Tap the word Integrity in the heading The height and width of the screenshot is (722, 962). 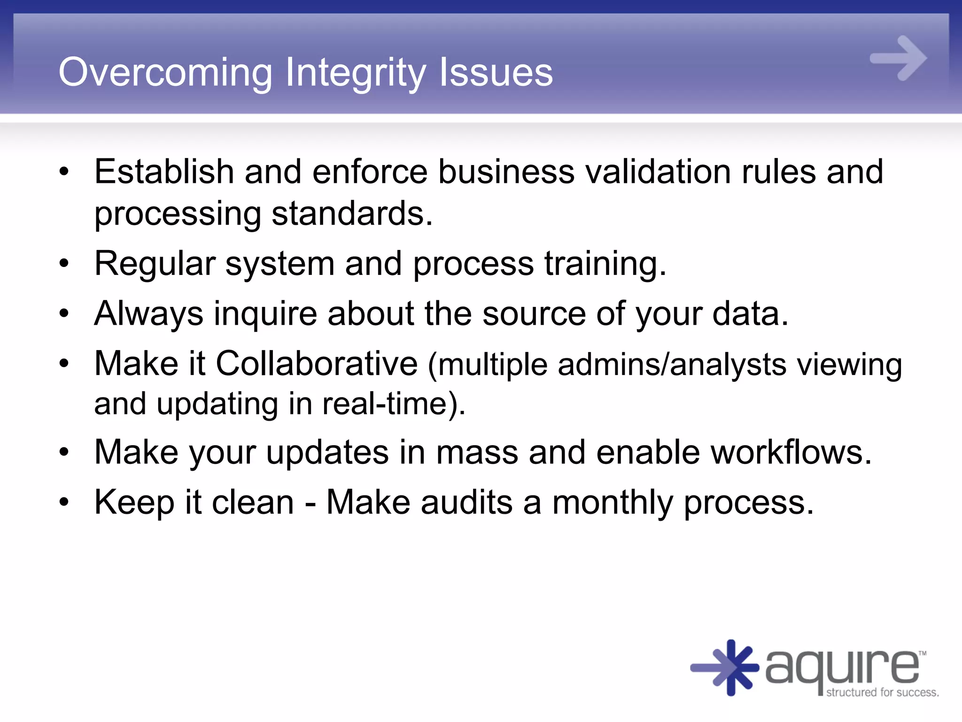pos(355,72)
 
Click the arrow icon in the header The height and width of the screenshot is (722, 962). pos(898,58)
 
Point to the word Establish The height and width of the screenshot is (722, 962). pos(164,171)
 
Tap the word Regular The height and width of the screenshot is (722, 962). pos(155,263)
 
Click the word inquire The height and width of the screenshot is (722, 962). pos(265,314)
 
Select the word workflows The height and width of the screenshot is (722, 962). pos(791,452)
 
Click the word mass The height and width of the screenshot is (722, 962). pos(477,452)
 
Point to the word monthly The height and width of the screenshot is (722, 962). pos(613,502)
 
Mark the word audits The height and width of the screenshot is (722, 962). pos(466,502)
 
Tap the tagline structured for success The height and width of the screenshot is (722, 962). pos(882,692)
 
